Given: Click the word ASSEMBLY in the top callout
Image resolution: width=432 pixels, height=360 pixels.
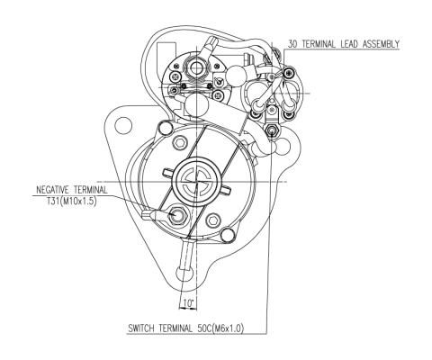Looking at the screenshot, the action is [x=381, y=44].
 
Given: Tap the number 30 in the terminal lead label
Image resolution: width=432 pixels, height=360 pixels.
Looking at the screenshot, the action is [x=292, y=44].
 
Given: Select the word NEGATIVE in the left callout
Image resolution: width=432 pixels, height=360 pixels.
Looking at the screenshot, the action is [x=52, y=190].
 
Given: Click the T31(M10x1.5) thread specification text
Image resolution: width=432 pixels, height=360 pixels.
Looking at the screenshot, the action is [x=71, y=201].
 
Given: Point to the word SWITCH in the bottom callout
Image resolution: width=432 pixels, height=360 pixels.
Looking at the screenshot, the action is [x=141, y=328].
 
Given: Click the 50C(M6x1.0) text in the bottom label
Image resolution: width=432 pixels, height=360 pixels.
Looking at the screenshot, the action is [x=220, y=328].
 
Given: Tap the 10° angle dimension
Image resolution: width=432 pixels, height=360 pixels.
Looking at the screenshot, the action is [x=189, y=303].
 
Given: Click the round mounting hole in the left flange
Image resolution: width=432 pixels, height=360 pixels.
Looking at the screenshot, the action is [x=123, y=125].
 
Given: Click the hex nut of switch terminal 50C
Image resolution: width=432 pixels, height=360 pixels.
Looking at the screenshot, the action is [x=272, y=130].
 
